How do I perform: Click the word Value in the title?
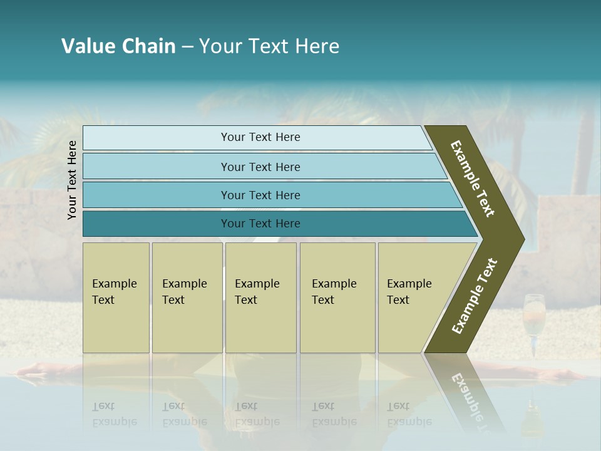87,46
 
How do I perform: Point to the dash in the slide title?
187,47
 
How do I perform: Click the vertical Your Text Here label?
72,180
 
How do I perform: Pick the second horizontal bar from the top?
260,167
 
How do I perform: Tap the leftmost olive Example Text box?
116,298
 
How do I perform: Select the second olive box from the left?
187,298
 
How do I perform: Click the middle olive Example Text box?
260,298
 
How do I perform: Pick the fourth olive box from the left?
337,298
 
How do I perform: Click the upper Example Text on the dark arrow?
473,179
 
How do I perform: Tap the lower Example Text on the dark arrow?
474,296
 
